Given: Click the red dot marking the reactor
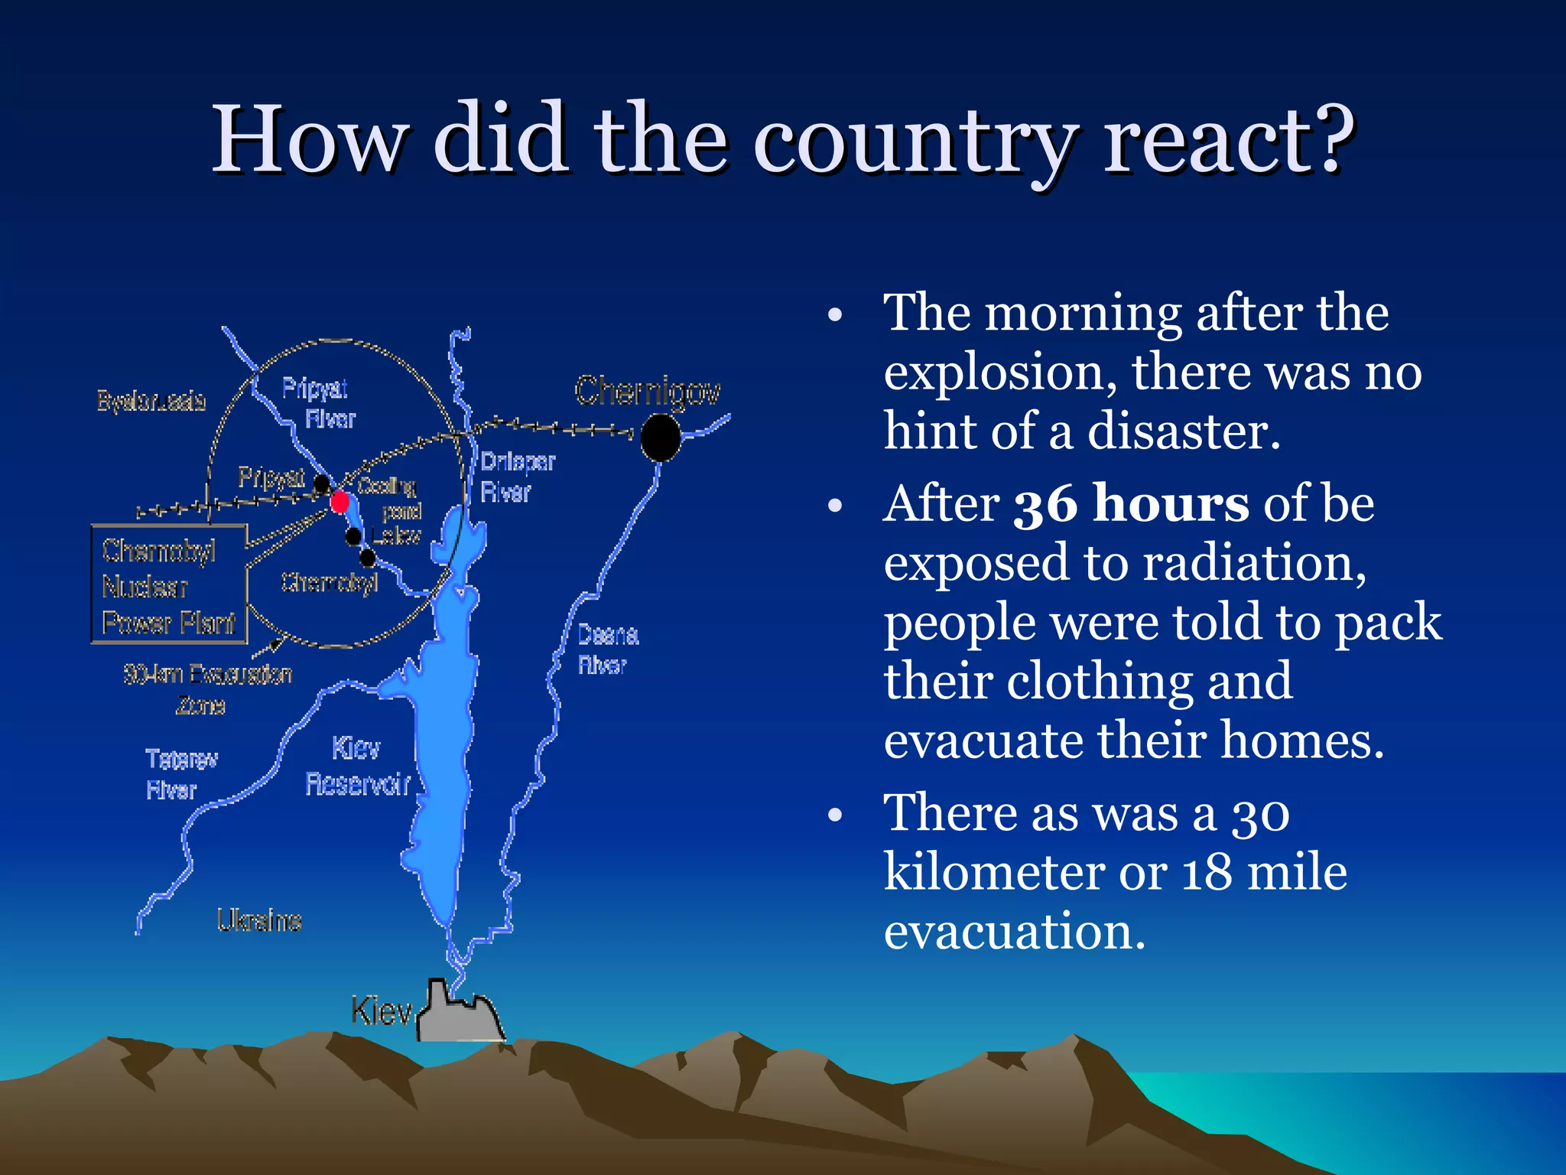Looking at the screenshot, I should (340, 502).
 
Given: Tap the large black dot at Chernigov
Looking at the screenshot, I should (660, 438).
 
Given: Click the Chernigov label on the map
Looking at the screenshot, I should (647, 391).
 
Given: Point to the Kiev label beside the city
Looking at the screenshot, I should (381, 1011).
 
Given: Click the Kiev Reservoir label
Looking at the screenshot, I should (357, 766).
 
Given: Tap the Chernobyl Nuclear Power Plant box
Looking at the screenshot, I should (169, 585).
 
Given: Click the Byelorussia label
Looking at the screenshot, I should (151, 401).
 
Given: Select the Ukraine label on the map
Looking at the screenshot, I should (259, 920).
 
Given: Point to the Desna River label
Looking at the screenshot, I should (607, 649).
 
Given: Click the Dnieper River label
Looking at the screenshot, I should (517, 477).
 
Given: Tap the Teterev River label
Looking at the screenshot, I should (180, 773).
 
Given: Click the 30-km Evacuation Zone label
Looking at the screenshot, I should (206, 688).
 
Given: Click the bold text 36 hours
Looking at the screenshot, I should (1131, 505).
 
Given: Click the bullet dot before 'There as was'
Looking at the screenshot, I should (835, 815).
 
